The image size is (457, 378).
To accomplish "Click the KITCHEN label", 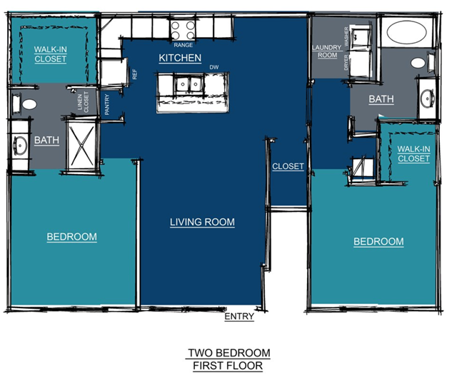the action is (180, 58).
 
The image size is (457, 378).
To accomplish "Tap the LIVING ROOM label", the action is (202, 222).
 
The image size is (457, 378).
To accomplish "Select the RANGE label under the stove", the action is (184, 45).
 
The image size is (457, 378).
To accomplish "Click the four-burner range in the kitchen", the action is (183, 30).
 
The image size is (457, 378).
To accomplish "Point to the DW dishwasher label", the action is (214, 67).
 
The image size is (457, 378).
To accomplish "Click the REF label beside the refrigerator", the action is (135, 74).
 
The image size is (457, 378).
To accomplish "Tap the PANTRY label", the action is (107, 104).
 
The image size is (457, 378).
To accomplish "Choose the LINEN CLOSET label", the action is (83, 102).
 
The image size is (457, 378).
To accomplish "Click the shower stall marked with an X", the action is (81, 145).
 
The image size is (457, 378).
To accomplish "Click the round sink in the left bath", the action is (20, 145).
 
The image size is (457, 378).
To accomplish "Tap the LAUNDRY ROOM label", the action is (327, 51).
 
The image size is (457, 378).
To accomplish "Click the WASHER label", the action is (346, 36).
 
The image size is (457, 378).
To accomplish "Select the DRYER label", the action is (346, 62).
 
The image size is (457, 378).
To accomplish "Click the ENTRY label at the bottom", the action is (239, 316).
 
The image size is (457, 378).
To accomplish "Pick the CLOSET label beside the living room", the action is (288, 166).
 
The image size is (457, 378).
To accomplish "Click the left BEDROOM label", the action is (71, 237).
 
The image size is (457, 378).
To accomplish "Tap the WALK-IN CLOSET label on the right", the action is (413, 154).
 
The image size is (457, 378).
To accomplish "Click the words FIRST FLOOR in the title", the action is (228, 365).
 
